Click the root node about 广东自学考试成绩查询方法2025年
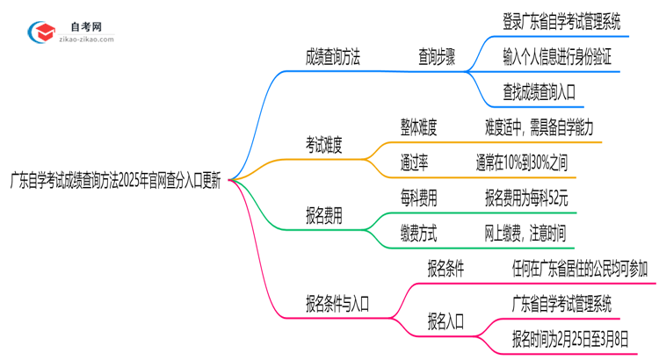pos(115,184)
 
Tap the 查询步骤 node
pos(436,58)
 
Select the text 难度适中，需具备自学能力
pos(543,127)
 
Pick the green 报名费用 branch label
pos(323,215)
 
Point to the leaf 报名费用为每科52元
pos(526,198)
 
